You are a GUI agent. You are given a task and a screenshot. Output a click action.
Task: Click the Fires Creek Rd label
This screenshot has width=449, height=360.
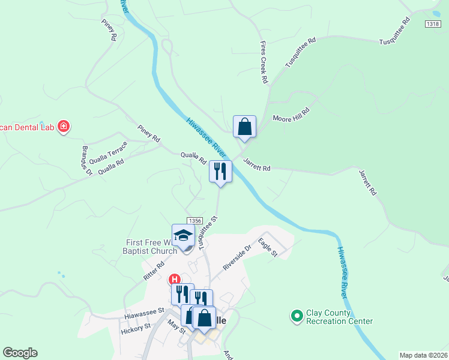tap(263, 62)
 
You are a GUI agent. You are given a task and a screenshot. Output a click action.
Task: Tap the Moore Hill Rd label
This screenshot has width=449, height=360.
tap(291, 115)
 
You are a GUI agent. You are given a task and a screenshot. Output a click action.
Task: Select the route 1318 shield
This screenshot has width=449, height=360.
tap(432, 23)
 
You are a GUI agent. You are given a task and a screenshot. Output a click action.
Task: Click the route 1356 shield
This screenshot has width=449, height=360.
tap(194, 221)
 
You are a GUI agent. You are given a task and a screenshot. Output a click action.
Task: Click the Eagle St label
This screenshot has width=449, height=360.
tap(268, 248)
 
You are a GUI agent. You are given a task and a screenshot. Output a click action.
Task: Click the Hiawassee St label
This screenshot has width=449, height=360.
tap(144, 312)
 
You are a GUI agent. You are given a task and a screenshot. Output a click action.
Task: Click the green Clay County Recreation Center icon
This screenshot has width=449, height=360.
tap(296, 316)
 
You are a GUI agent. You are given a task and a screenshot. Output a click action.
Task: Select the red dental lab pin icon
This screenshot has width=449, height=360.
tap(64, 127)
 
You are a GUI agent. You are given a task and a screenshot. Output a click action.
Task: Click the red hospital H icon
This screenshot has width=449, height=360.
tap(174, 280)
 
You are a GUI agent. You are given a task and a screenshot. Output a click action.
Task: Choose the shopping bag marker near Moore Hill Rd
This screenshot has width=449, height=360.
tap(244, 127)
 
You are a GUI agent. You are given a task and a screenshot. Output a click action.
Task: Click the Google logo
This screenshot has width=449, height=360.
tap(20, 353)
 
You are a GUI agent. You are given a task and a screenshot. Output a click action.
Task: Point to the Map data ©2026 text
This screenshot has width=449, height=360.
tap(423, 355)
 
